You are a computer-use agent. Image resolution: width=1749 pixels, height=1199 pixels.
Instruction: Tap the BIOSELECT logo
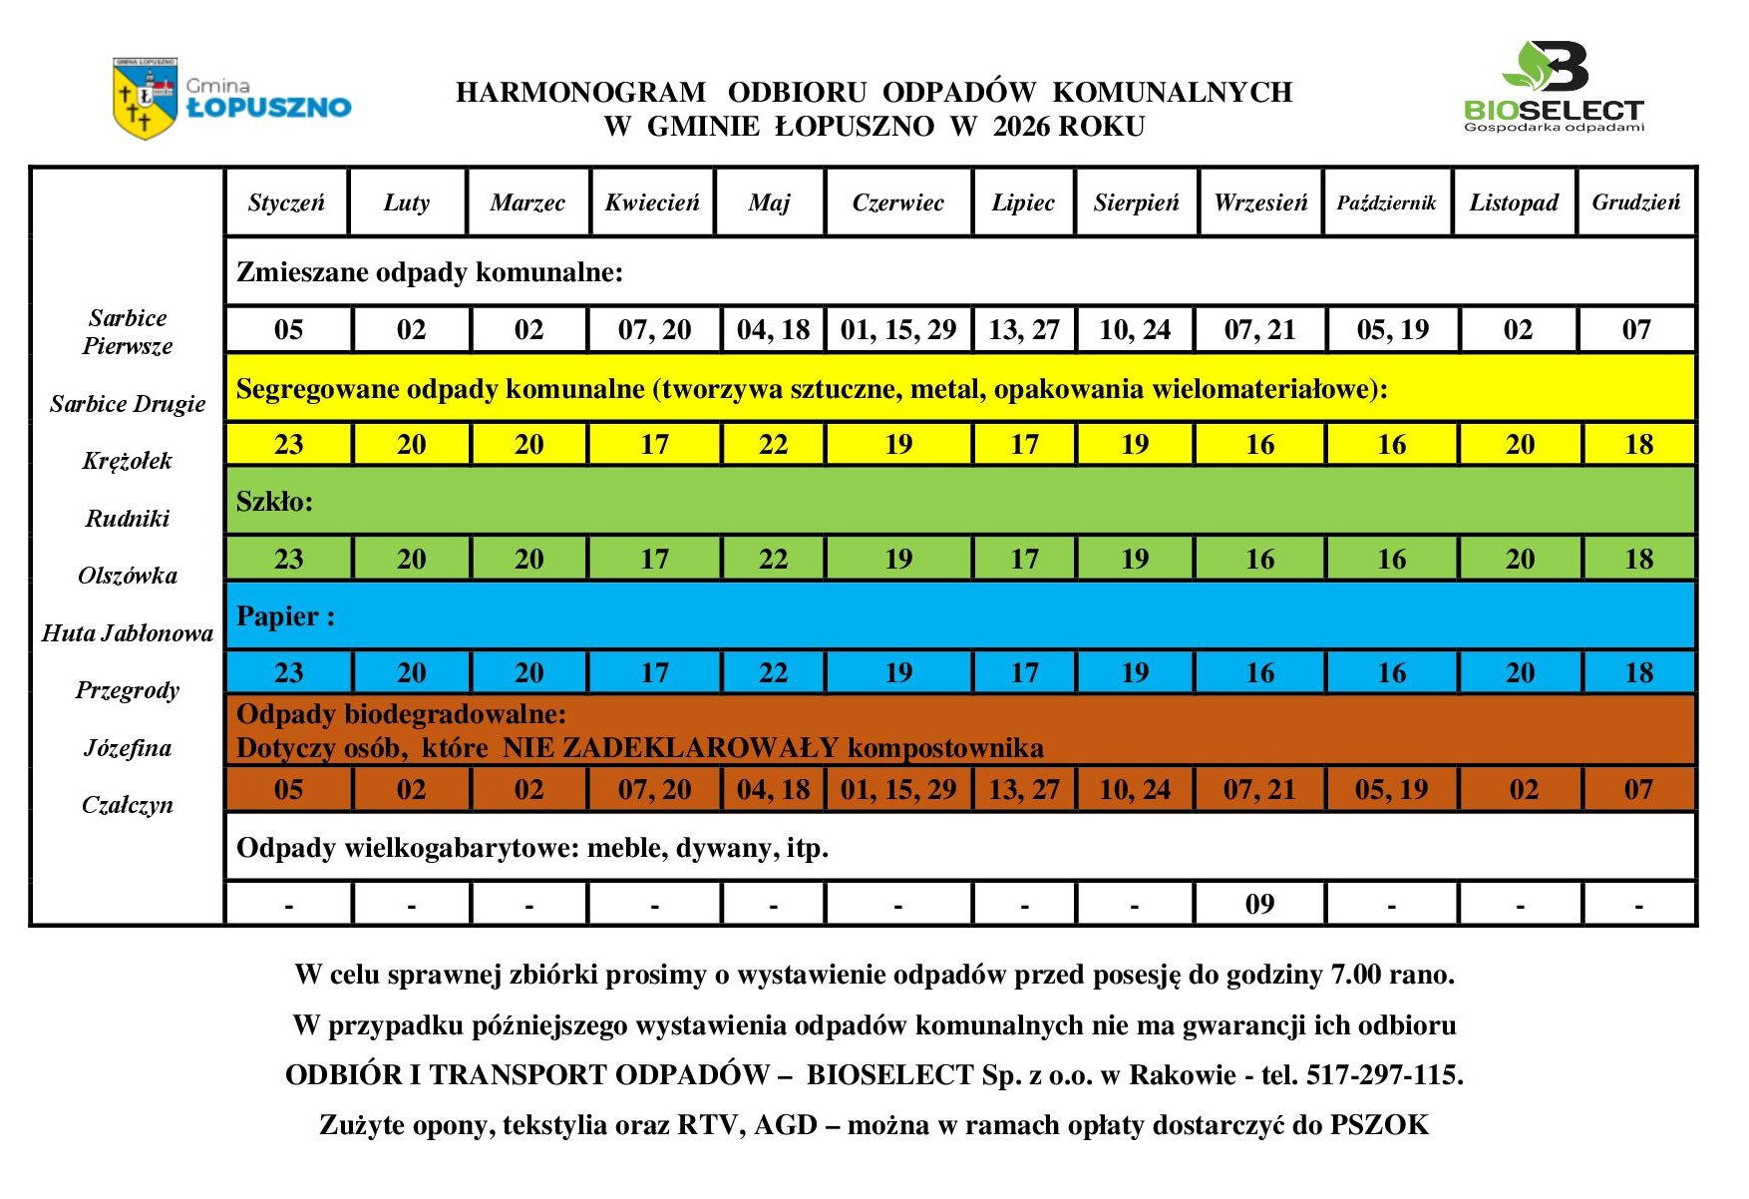1553,88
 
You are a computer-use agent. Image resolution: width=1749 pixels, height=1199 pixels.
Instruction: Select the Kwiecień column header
652,202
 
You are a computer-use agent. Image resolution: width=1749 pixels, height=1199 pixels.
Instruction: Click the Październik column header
1386,202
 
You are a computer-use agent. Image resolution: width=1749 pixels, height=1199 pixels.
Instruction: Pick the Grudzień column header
1635,202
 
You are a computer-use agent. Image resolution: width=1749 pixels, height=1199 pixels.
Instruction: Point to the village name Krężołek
128,461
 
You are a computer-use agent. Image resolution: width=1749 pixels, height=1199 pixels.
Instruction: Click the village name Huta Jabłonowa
128,633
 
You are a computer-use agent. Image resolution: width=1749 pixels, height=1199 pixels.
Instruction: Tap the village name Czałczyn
128,805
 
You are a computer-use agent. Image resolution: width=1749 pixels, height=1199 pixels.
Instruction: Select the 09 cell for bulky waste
1259,904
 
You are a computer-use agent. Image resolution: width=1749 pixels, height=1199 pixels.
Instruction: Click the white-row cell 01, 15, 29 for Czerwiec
898,330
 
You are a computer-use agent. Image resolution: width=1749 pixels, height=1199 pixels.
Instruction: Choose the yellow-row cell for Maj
773,445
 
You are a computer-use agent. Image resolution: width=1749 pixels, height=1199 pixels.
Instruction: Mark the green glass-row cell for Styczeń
288,559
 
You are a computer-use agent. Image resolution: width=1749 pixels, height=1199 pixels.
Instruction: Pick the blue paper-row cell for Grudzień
1638,672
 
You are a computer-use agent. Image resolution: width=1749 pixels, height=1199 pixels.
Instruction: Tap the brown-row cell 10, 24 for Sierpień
1135,790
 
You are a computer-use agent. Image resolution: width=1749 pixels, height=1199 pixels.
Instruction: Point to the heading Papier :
285,616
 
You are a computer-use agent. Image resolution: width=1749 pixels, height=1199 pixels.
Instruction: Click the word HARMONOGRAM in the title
581,93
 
